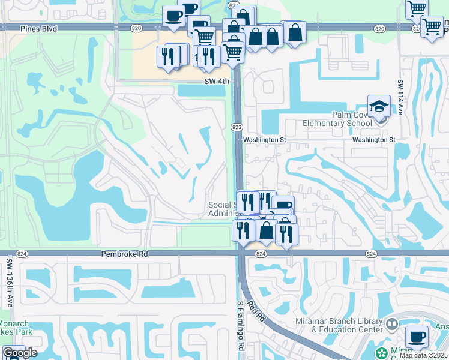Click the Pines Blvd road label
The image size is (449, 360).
tap(38, 28)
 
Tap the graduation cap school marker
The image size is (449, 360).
tap(379, 107)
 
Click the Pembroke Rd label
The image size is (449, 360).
tap(124, 254)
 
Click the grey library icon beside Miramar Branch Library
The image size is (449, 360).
tap(392, 325)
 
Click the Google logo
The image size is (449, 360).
tap(20, 353)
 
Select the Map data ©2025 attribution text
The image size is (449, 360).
tap(423, 355)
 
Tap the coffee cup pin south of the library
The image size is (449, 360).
tap(417, 337)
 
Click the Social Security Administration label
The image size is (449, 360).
tap(223, 209)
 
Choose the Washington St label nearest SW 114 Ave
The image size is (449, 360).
tap(373, 140)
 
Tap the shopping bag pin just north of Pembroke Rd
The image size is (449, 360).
tap(266, 230)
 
